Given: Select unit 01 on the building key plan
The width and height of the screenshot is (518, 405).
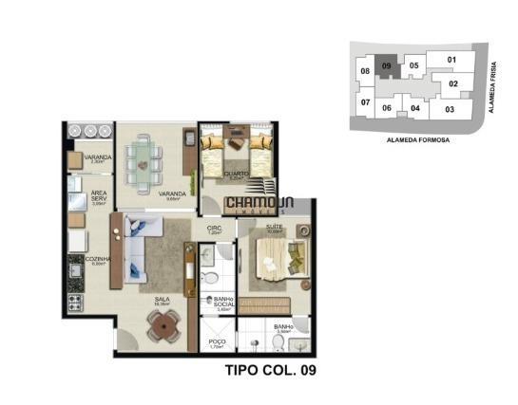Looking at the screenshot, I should tap(451, 61).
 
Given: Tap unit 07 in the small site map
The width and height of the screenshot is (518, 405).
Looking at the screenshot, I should tap(365, 102).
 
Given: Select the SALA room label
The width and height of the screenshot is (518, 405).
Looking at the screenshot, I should tap(163, 300).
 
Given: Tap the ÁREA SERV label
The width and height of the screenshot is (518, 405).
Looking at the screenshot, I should tap(99, 196).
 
